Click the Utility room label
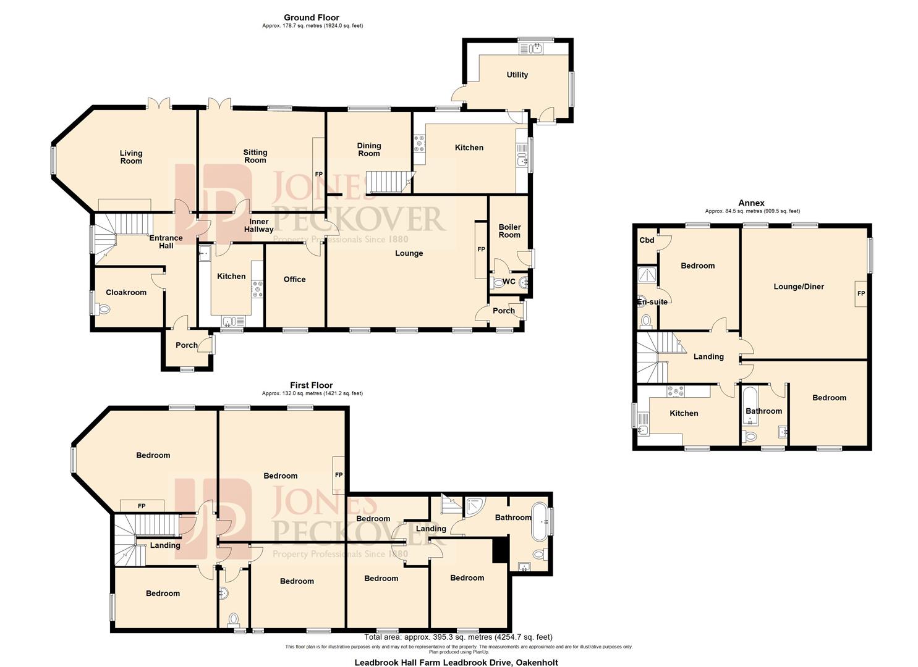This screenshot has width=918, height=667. coord(517,75)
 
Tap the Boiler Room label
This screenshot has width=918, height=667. coord(509,231)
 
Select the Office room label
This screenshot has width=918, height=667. coord(294,279)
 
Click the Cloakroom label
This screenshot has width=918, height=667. coord(126,292)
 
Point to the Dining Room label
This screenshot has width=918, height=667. coord(369,149)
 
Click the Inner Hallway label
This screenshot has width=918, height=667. coord(258,225)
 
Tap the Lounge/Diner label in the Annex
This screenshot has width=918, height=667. coord(799,287)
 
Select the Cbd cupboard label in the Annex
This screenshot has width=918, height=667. coord(647,240)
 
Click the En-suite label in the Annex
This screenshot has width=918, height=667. coord(652,302)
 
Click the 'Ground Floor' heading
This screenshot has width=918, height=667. coord(312,17)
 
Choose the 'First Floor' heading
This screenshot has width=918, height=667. coord(312,385)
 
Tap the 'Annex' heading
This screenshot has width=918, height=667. coord(751,203)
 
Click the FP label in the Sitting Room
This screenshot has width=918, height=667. coord(319,175)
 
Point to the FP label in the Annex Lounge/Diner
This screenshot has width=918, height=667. coord(861,294)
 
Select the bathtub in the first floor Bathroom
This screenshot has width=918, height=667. coord(540,518)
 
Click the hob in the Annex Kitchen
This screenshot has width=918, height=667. coord(675,391)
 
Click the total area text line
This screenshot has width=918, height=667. coord(458,637)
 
